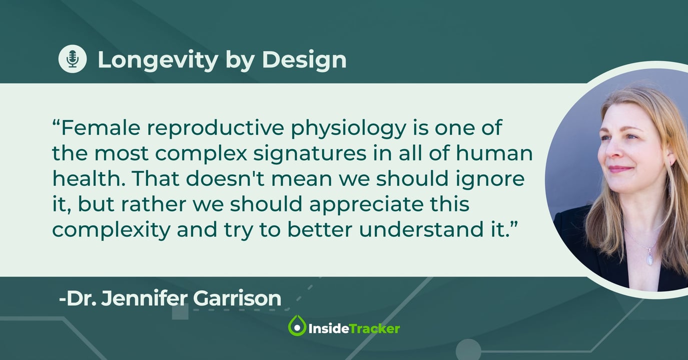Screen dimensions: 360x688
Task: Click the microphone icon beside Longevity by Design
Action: (73, 59)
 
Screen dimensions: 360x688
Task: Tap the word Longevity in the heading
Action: (158, 60)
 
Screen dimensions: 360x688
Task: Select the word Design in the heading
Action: (304, 60)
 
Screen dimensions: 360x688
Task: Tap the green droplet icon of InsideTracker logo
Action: (297, 326)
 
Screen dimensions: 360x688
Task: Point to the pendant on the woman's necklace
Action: (650, 257)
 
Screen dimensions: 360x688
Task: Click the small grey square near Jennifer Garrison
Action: (180, 312)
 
